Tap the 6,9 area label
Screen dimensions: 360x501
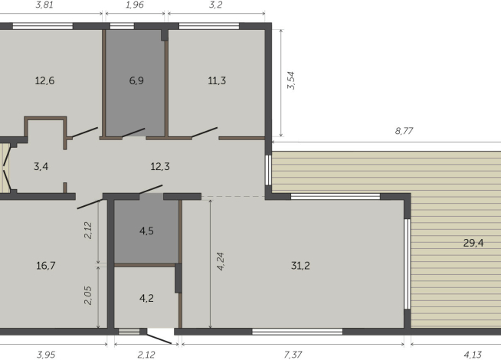tap(136, 80)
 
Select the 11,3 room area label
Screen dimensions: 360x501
tap(217, 80)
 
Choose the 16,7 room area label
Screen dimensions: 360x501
tap(45, 266)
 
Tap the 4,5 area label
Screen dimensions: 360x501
tap(146, 231)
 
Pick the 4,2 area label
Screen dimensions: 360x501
tap(146, 298)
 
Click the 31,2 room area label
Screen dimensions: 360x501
tap(300, 266)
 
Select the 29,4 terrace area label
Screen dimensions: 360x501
tap(473, 244)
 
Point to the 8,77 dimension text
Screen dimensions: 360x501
tap(403, 132)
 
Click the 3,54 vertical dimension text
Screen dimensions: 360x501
tap(290, 81)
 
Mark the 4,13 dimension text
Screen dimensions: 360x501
tap(472, 354)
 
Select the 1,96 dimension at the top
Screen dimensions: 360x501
tap(134, 4)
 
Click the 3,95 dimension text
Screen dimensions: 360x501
tap(47, 354)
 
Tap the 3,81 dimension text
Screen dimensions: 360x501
tap(45, 4)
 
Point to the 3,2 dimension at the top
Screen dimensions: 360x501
tap(217, 4)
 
